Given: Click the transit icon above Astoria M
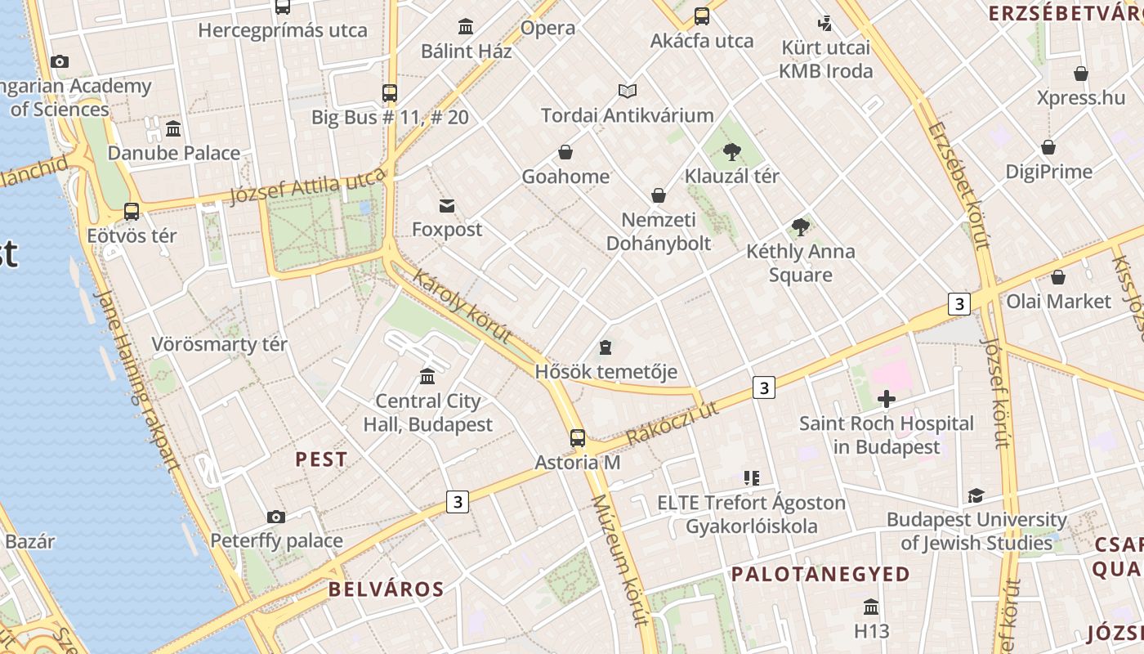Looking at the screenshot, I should point(578,438).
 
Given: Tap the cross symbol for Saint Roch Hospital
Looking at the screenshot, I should point(887,399).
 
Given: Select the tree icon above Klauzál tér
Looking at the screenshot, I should point(732,151).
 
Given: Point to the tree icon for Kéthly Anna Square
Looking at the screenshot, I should point(801,227).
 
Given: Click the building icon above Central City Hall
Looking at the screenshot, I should point(427,377).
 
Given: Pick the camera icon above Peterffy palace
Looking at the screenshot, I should point(276,517).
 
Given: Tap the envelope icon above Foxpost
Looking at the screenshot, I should point(447,205).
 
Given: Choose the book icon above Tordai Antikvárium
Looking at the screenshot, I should point(627,91).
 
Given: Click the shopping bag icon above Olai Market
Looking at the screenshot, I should point(1058,277).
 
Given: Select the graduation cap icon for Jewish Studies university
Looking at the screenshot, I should point(976,495).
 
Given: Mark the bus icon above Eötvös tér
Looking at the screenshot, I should point(132,212).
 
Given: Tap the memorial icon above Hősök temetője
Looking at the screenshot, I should point(606,348).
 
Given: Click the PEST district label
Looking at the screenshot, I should point(321,459).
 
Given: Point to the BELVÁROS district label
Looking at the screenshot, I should point(387,589).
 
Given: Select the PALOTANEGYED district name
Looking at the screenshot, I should point(820,574).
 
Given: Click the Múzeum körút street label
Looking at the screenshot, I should point(619,560).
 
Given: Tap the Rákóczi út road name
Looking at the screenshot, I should point(673,423).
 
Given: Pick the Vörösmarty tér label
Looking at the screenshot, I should point(219,344).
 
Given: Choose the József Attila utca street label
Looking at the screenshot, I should point(306,186).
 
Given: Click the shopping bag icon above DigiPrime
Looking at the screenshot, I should point(1048,148).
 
